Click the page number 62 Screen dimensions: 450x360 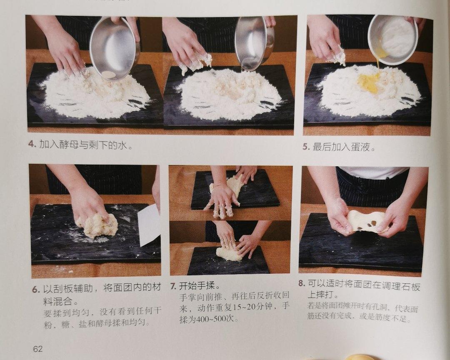pos(38,349)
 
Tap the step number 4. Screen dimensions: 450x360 pos(32,144)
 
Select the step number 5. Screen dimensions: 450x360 pos(306,147)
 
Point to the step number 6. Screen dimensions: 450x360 pos(35,290)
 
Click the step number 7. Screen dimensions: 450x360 pos(173,286)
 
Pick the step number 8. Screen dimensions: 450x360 pos(301,284)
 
